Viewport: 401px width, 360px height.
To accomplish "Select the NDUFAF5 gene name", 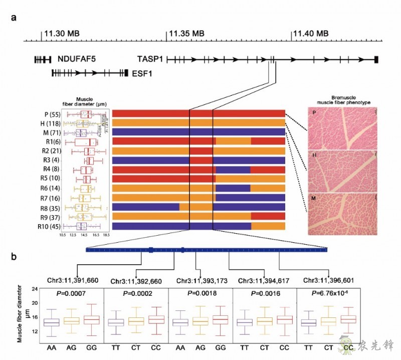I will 76,59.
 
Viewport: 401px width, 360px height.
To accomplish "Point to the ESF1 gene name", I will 142,73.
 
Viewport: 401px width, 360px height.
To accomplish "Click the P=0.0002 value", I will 135,296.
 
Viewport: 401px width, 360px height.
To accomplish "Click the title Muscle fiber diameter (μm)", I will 83,102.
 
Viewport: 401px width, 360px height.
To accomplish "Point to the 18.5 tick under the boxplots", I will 106,234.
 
